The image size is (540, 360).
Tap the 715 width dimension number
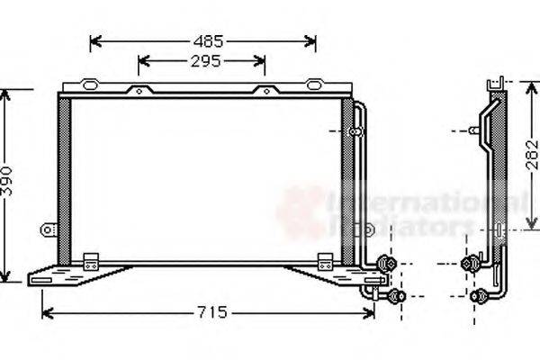tap(211, 312)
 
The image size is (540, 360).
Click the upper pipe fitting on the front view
tap(389, 264)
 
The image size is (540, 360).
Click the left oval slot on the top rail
tap(90, 85)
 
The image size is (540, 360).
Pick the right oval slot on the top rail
tap(313, 85)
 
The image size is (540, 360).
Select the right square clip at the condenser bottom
tap(325, 262)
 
